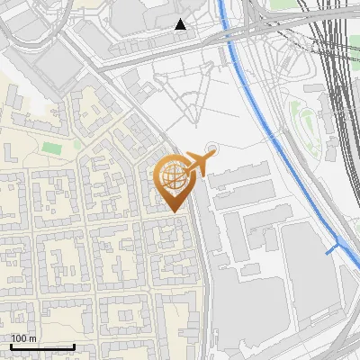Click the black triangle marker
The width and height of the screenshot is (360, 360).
181,24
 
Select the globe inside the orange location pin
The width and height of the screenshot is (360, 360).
172,177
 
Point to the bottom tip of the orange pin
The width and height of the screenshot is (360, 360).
173,211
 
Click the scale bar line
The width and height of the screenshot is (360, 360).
42,346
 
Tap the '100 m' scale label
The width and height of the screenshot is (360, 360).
23,338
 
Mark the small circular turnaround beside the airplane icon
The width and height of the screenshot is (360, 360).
212,149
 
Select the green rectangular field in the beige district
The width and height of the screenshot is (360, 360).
52,147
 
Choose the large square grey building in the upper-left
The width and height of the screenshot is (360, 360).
56,65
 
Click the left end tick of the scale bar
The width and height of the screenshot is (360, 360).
11,345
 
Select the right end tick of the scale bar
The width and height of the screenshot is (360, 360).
74,345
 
